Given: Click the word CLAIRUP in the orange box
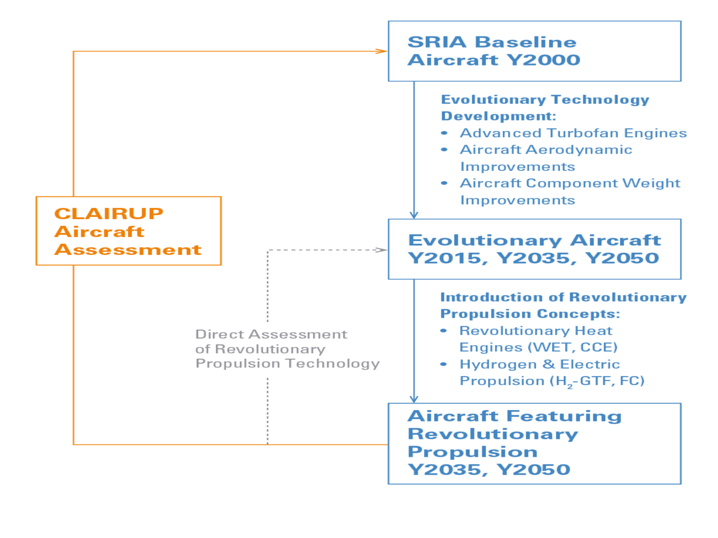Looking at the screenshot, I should click(x=109, y=214).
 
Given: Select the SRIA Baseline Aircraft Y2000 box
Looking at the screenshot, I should click(x=534, y=52).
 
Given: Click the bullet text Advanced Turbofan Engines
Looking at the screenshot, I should click(x=573, y=133).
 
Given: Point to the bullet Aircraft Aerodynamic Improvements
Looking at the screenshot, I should click(x=546, y=158).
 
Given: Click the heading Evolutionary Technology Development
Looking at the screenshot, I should click(x=545, y=108).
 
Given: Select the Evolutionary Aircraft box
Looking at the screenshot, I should click(x=534, y=249).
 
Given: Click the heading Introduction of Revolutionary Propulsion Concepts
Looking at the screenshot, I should click(x=563, y=305).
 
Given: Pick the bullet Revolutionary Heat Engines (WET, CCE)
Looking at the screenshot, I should click(x=538, y=339).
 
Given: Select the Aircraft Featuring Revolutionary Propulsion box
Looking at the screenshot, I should click(x=534, y=443).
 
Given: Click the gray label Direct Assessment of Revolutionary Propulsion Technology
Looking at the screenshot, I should click(x=287, y=349).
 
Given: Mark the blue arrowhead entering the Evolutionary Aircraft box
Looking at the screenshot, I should click(x=414, y=215).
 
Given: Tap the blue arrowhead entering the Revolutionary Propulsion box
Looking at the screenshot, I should click(x=414, y=398).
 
